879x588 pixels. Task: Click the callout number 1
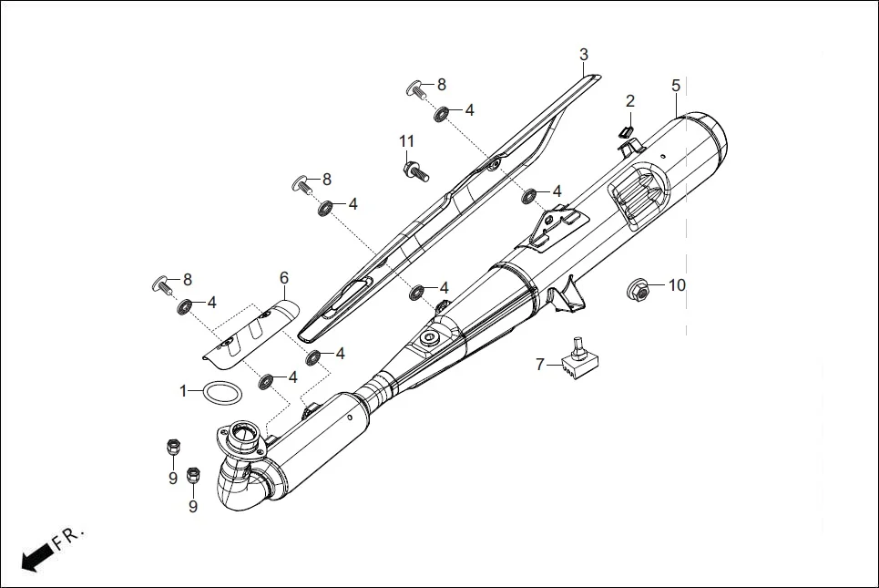[x=184, y=390]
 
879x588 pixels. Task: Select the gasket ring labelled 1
[x=222, y=393]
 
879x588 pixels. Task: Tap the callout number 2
[x=629, y=100]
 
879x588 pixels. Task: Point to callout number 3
[x=584, y=55]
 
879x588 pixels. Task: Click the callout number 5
[x=675, y=86]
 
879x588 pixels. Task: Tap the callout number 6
[x=283, y=277]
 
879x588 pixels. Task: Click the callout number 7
[x=540, y=365]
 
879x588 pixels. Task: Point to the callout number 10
[x=676, y=285]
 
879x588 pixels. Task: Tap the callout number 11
[x=406, y=140]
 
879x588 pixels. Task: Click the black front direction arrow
[x=36, y=558]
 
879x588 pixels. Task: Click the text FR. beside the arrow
[x=68, y=539]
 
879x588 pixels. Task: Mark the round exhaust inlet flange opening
[x=244, y=431]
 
